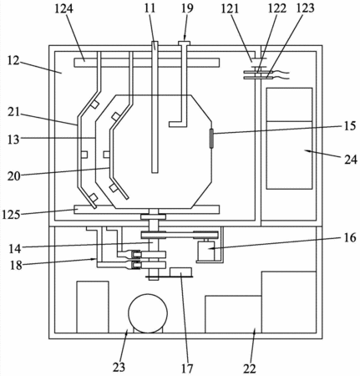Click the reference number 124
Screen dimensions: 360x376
tap(63, 8)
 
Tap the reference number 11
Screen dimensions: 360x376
tap(150, 8)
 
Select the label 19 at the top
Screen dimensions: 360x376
tap(187, 8)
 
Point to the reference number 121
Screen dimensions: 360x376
tap(230, 9)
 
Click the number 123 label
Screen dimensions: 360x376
tap(305, 8)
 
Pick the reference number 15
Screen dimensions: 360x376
tap(350, 126)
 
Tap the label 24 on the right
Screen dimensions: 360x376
tap(351, 160)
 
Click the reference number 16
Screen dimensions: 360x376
tap(350, 237)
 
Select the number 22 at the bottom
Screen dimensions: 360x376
tap(249, 368)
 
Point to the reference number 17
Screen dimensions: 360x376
tap(187, 368)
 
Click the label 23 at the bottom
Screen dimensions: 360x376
tap(119, 368)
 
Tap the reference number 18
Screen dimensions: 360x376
tap(16, 265)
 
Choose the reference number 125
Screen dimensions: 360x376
tap(11, 215)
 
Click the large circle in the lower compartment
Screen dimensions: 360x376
tap(148, 313)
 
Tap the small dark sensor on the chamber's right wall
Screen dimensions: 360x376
tap(212, 139)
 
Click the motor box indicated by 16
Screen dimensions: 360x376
tap(206, 251)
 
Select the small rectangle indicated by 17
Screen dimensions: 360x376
tap(180, 272)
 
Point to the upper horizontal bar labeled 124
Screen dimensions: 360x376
tap(147, 63)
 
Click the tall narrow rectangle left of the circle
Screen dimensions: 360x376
tap(93, 307)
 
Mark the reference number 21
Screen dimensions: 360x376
tap(13, 112)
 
